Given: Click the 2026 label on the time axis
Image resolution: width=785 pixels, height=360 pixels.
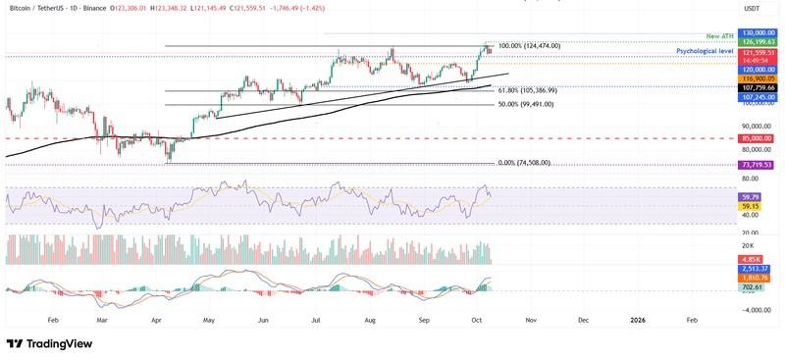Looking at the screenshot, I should pos(637,320).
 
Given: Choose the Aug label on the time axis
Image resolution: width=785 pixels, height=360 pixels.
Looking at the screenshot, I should pos(370,320).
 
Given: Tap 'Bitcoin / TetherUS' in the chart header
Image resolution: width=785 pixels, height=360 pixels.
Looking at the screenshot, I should pos(39,9).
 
